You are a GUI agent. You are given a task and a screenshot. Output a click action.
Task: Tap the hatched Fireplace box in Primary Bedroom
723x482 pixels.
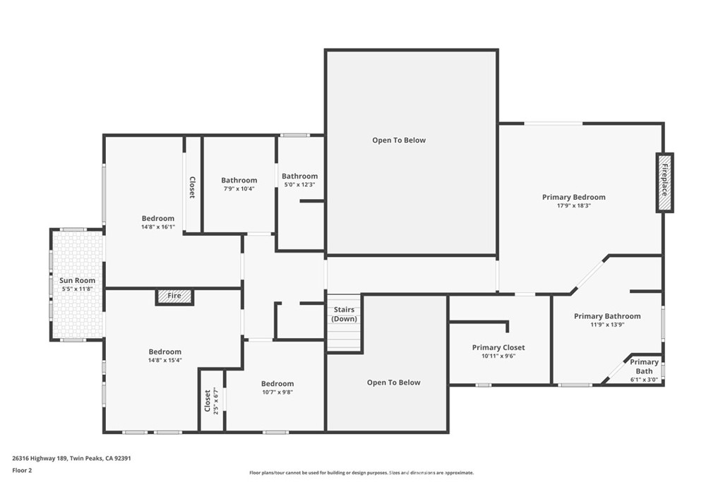tap(664, 182)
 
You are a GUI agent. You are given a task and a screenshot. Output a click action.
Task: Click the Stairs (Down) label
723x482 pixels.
tap(344, 314)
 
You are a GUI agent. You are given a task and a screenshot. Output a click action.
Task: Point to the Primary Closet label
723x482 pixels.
tap(498, 347)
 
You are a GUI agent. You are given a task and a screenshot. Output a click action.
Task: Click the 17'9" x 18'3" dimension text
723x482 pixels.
tap(573, 207)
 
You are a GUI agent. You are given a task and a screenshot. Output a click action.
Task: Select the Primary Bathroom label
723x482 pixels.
tap(607, 316)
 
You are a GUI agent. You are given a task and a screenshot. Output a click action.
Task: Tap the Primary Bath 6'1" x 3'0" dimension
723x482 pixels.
tap(644, 380)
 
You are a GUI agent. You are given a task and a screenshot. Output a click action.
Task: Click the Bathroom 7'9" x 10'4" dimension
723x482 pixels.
tap(239, 189)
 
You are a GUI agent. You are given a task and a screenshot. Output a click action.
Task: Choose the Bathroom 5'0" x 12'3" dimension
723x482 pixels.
tap(299, 185)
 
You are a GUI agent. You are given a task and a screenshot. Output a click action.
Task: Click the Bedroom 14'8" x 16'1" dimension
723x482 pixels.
tap(157, 227)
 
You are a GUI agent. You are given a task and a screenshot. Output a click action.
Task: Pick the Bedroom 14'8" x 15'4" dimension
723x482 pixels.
tap(165, 361)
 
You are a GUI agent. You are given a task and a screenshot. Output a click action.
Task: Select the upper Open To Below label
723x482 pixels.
tap(399, 140)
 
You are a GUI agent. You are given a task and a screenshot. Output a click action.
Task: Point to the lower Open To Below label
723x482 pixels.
tap(393, 382)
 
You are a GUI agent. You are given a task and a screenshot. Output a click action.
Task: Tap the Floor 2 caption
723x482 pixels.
tap(23, 469)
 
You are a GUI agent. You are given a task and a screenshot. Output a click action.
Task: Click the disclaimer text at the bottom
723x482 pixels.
tap(361, 473)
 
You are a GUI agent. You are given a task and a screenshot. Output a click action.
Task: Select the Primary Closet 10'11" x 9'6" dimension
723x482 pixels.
tap(498, 356)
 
